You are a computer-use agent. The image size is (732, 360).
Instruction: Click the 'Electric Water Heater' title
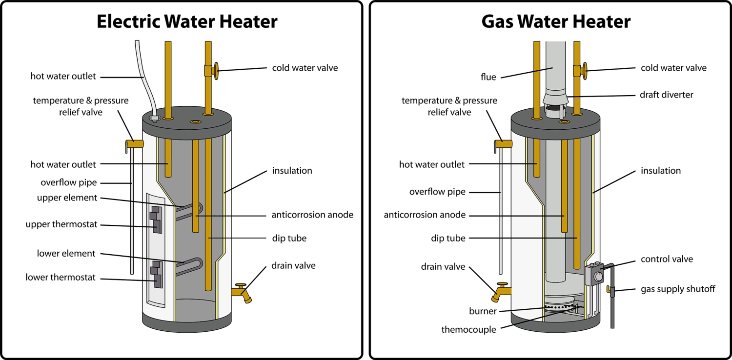187,22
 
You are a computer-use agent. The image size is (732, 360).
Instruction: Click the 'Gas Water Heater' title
556,22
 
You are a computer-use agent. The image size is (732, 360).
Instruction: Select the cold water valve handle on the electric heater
215,71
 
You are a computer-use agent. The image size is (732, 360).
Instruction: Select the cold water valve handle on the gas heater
584,71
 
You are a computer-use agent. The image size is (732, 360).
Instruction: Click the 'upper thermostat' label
61,224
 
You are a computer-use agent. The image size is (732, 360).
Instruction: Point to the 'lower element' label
66,254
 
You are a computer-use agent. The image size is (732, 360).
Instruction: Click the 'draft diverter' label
666,95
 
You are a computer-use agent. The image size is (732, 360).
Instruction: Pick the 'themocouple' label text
468,330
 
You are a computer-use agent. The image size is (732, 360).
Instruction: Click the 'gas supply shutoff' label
678,289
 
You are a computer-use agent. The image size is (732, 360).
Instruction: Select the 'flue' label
488,77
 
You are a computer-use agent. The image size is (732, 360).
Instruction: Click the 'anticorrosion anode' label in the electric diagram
312,215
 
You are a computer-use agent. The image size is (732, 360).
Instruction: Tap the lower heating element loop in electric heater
188,266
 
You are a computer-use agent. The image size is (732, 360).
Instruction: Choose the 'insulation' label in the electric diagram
292,171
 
